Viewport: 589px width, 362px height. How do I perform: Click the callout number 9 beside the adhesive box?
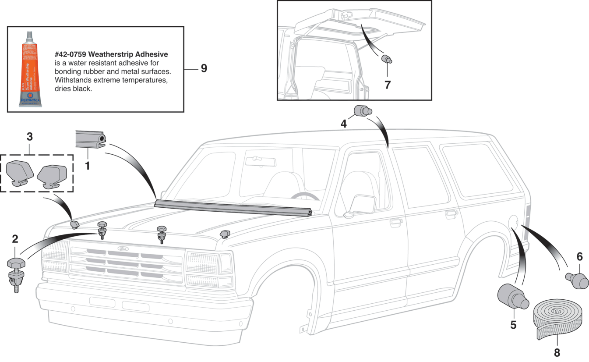point(204,69)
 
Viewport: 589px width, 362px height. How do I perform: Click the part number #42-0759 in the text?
point(71,54)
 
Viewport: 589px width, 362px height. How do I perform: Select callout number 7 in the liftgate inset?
point(387,85)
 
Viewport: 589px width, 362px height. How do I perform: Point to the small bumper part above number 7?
point(386,59)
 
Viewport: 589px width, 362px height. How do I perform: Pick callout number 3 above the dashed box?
point(30,137)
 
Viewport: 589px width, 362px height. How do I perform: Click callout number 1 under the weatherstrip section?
point(88,166)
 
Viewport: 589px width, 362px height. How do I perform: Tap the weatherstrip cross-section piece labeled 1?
point(91,140)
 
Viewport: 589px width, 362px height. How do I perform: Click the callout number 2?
point(15,239)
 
